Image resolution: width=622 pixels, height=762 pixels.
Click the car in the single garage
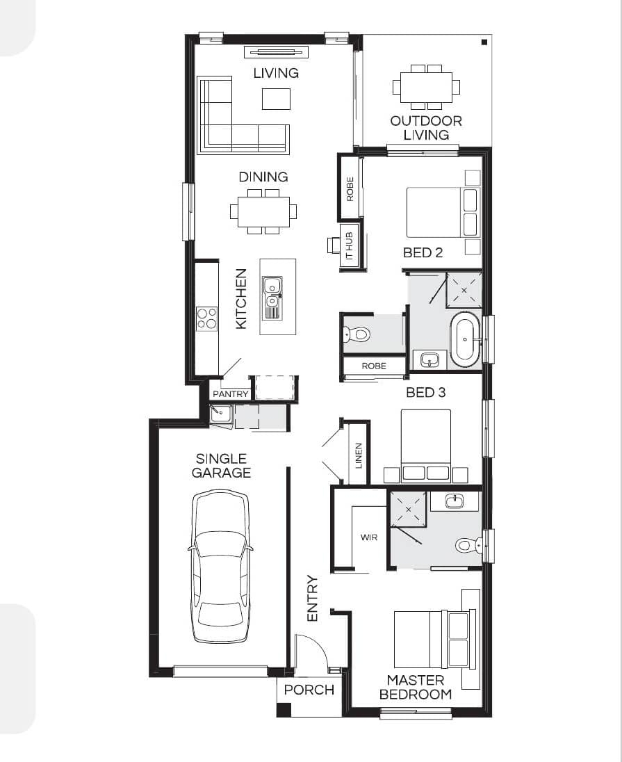point(220,567)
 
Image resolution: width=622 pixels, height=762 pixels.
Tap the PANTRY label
point(230,394)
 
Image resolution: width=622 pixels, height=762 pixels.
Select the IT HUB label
point(349,245)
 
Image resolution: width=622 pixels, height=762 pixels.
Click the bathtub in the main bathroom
point(465,339)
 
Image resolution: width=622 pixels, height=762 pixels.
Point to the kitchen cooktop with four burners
point(206,319)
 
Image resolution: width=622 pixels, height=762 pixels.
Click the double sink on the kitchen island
point(272,298)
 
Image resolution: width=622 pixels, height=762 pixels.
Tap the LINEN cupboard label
point(359,455)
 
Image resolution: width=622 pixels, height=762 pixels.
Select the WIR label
point(369,537)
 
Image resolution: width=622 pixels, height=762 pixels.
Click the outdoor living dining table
point(426,87)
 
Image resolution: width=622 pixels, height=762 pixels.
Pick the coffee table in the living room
point(276,99)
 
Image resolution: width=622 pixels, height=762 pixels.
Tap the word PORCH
point(309,690)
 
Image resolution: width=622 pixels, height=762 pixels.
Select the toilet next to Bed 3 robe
point(357,334)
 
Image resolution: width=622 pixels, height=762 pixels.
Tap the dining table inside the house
point(263,212)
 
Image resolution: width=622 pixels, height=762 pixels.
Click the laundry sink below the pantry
point(220,414)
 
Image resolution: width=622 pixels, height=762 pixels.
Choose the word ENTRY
point(312,598)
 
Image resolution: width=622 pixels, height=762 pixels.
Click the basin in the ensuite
point(454,501)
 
